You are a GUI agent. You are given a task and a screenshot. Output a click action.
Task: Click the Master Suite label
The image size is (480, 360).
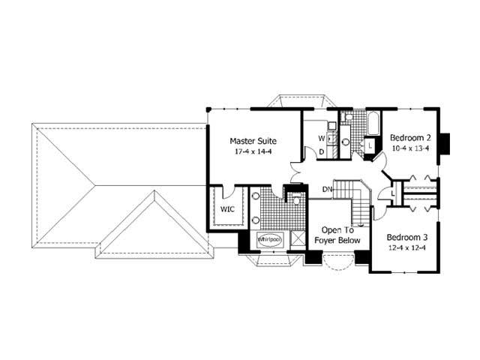pyautogui.click(x=253, y=140)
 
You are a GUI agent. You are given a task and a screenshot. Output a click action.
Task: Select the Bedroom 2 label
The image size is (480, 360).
pyautogui.click(x=409, y=137)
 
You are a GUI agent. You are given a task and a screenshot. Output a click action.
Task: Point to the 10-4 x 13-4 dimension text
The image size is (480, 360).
pyautogui.click(x=409, y=148)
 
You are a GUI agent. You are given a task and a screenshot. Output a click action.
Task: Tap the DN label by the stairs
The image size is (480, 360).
pyautogui.click(x=327, y=189)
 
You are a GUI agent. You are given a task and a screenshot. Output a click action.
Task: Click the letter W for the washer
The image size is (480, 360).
pyautogui.click(x=321, y=139)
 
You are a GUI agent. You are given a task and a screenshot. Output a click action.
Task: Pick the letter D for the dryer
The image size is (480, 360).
pyautogui.click(x=321, y=152)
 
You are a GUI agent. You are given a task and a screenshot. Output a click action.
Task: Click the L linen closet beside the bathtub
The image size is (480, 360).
pyautogui.click(x=370, y=145)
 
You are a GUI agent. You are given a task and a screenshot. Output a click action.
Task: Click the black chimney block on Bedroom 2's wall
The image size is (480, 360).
pyautogui.click(x=444, y=142)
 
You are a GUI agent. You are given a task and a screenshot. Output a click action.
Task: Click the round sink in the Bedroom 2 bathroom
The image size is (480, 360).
pyautogui.click(x=346, y=140)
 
